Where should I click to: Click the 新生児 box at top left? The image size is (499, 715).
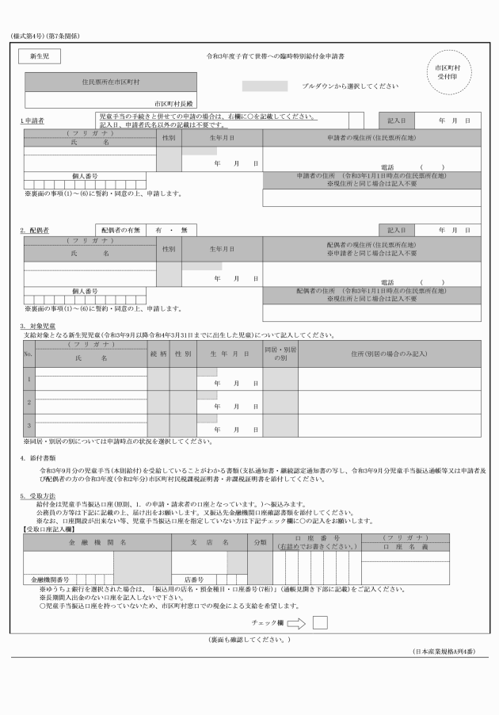point(39,57)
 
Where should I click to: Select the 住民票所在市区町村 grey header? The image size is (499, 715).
point(110,82)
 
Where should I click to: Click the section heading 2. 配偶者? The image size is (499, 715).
point(35,230)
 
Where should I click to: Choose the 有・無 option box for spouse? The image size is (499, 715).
point(171,230)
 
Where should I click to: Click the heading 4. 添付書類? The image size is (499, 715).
point(37,458)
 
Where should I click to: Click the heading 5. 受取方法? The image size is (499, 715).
point(37,496)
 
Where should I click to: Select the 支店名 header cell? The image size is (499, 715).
point(210,542)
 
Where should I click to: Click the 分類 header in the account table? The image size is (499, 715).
point(260,542)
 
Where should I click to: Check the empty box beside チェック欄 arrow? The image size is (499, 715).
point(320,622)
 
